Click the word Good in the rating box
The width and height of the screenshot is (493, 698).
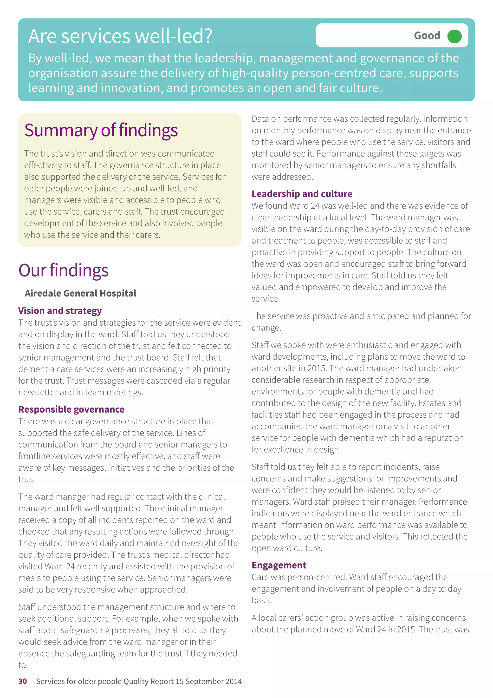[427, 36]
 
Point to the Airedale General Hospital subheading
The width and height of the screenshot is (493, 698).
[80, 293]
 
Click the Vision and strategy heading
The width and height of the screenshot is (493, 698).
[60, 311]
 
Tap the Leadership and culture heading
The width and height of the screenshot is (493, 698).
[302, 194]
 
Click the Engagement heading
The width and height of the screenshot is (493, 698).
[279, 565]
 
